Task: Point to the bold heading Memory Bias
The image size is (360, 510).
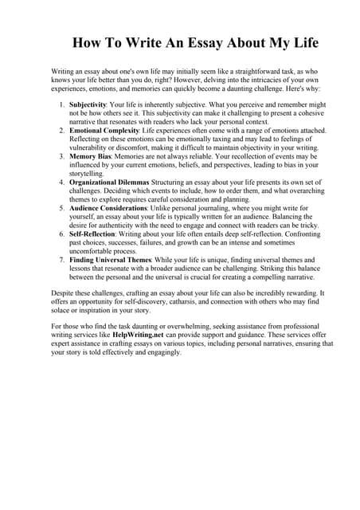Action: coord(91,156)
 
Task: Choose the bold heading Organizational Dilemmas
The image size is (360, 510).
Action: coord(110,182)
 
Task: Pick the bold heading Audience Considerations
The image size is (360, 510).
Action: coord(108,208)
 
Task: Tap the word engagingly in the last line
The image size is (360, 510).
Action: coord(156,353)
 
